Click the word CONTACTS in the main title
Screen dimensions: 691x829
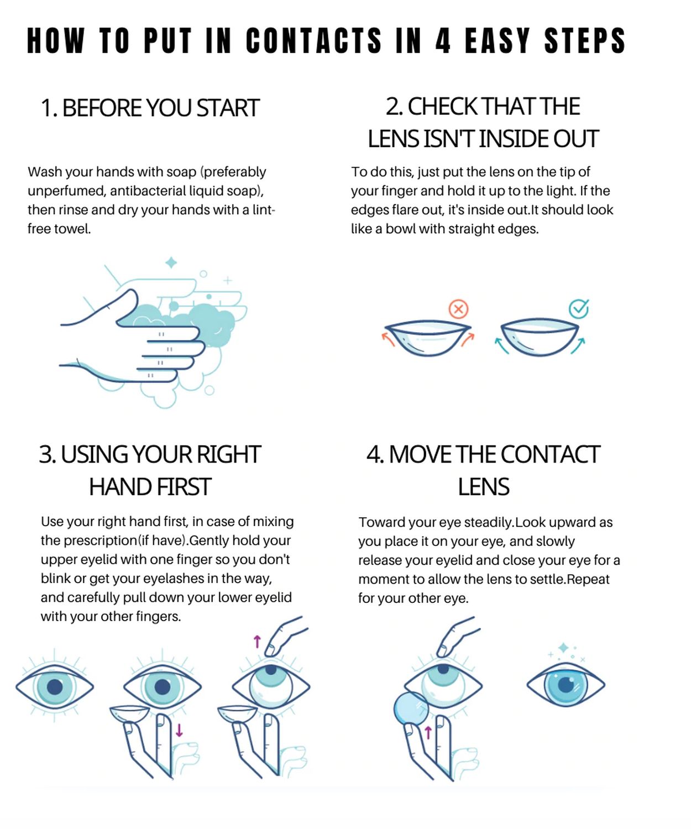click(314, 40)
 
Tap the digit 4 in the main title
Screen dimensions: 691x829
click(443, 40)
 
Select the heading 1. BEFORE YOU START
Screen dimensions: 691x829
click(150, 108)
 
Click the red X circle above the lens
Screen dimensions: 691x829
click(458, 309)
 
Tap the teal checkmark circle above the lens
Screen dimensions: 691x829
click(579, 308)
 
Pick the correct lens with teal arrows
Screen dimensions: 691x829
click(540, 337)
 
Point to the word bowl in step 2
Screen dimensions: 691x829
click(400, 229)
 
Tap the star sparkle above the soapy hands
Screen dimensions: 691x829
click(171, 263)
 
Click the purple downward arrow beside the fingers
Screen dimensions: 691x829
click(179, 730)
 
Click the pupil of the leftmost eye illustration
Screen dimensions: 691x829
click(55, 686)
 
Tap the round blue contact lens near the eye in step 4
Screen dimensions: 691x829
click(411, 710)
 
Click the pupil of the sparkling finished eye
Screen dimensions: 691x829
click(566, 685)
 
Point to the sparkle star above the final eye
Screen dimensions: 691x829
click(563, 648)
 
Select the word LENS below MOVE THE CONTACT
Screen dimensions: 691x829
click(483, 487)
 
